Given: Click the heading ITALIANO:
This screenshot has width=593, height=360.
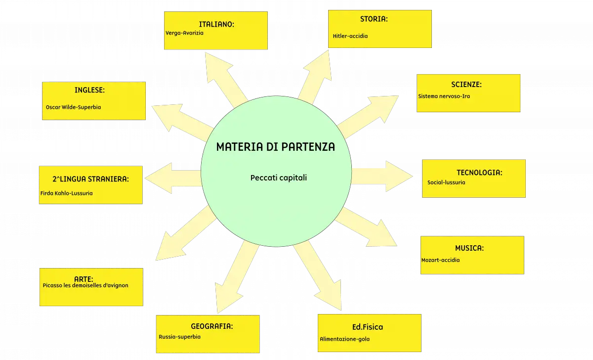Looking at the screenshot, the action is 216,24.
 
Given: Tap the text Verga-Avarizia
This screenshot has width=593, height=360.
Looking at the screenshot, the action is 184,33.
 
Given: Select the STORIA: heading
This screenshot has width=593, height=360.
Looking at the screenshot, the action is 374,19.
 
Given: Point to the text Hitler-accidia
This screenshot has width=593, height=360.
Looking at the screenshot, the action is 350,36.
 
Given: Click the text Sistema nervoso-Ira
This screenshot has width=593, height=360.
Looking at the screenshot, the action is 444,96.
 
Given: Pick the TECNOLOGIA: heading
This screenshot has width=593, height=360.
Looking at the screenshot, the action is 479,173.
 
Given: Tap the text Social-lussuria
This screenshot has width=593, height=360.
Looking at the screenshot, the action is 446,182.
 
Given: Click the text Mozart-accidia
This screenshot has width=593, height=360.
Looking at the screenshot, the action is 440,260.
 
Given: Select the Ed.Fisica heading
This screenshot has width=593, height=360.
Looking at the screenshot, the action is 368,327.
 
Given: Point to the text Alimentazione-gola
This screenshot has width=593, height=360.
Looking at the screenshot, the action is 345,339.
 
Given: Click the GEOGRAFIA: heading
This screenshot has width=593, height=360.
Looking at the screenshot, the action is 212,326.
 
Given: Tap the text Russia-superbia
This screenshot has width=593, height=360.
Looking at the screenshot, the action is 179,337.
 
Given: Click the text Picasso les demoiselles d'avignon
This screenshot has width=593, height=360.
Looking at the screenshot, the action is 85,285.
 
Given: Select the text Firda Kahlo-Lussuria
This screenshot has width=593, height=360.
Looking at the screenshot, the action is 66,193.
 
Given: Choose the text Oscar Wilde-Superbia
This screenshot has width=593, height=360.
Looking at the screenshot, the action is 73,107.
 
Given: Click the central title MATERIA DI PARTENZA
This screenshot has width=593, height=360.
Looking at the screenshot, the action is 276,147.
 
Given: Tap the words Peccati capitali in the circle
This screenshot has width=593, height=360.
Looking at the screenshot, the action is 279,178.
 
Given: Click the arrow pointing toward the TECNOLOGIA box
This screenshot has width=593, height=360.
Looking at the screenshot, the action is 382,176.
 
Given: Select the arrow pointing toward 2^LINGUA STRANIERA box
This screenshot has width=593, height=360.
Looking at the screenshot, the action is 172,178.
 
